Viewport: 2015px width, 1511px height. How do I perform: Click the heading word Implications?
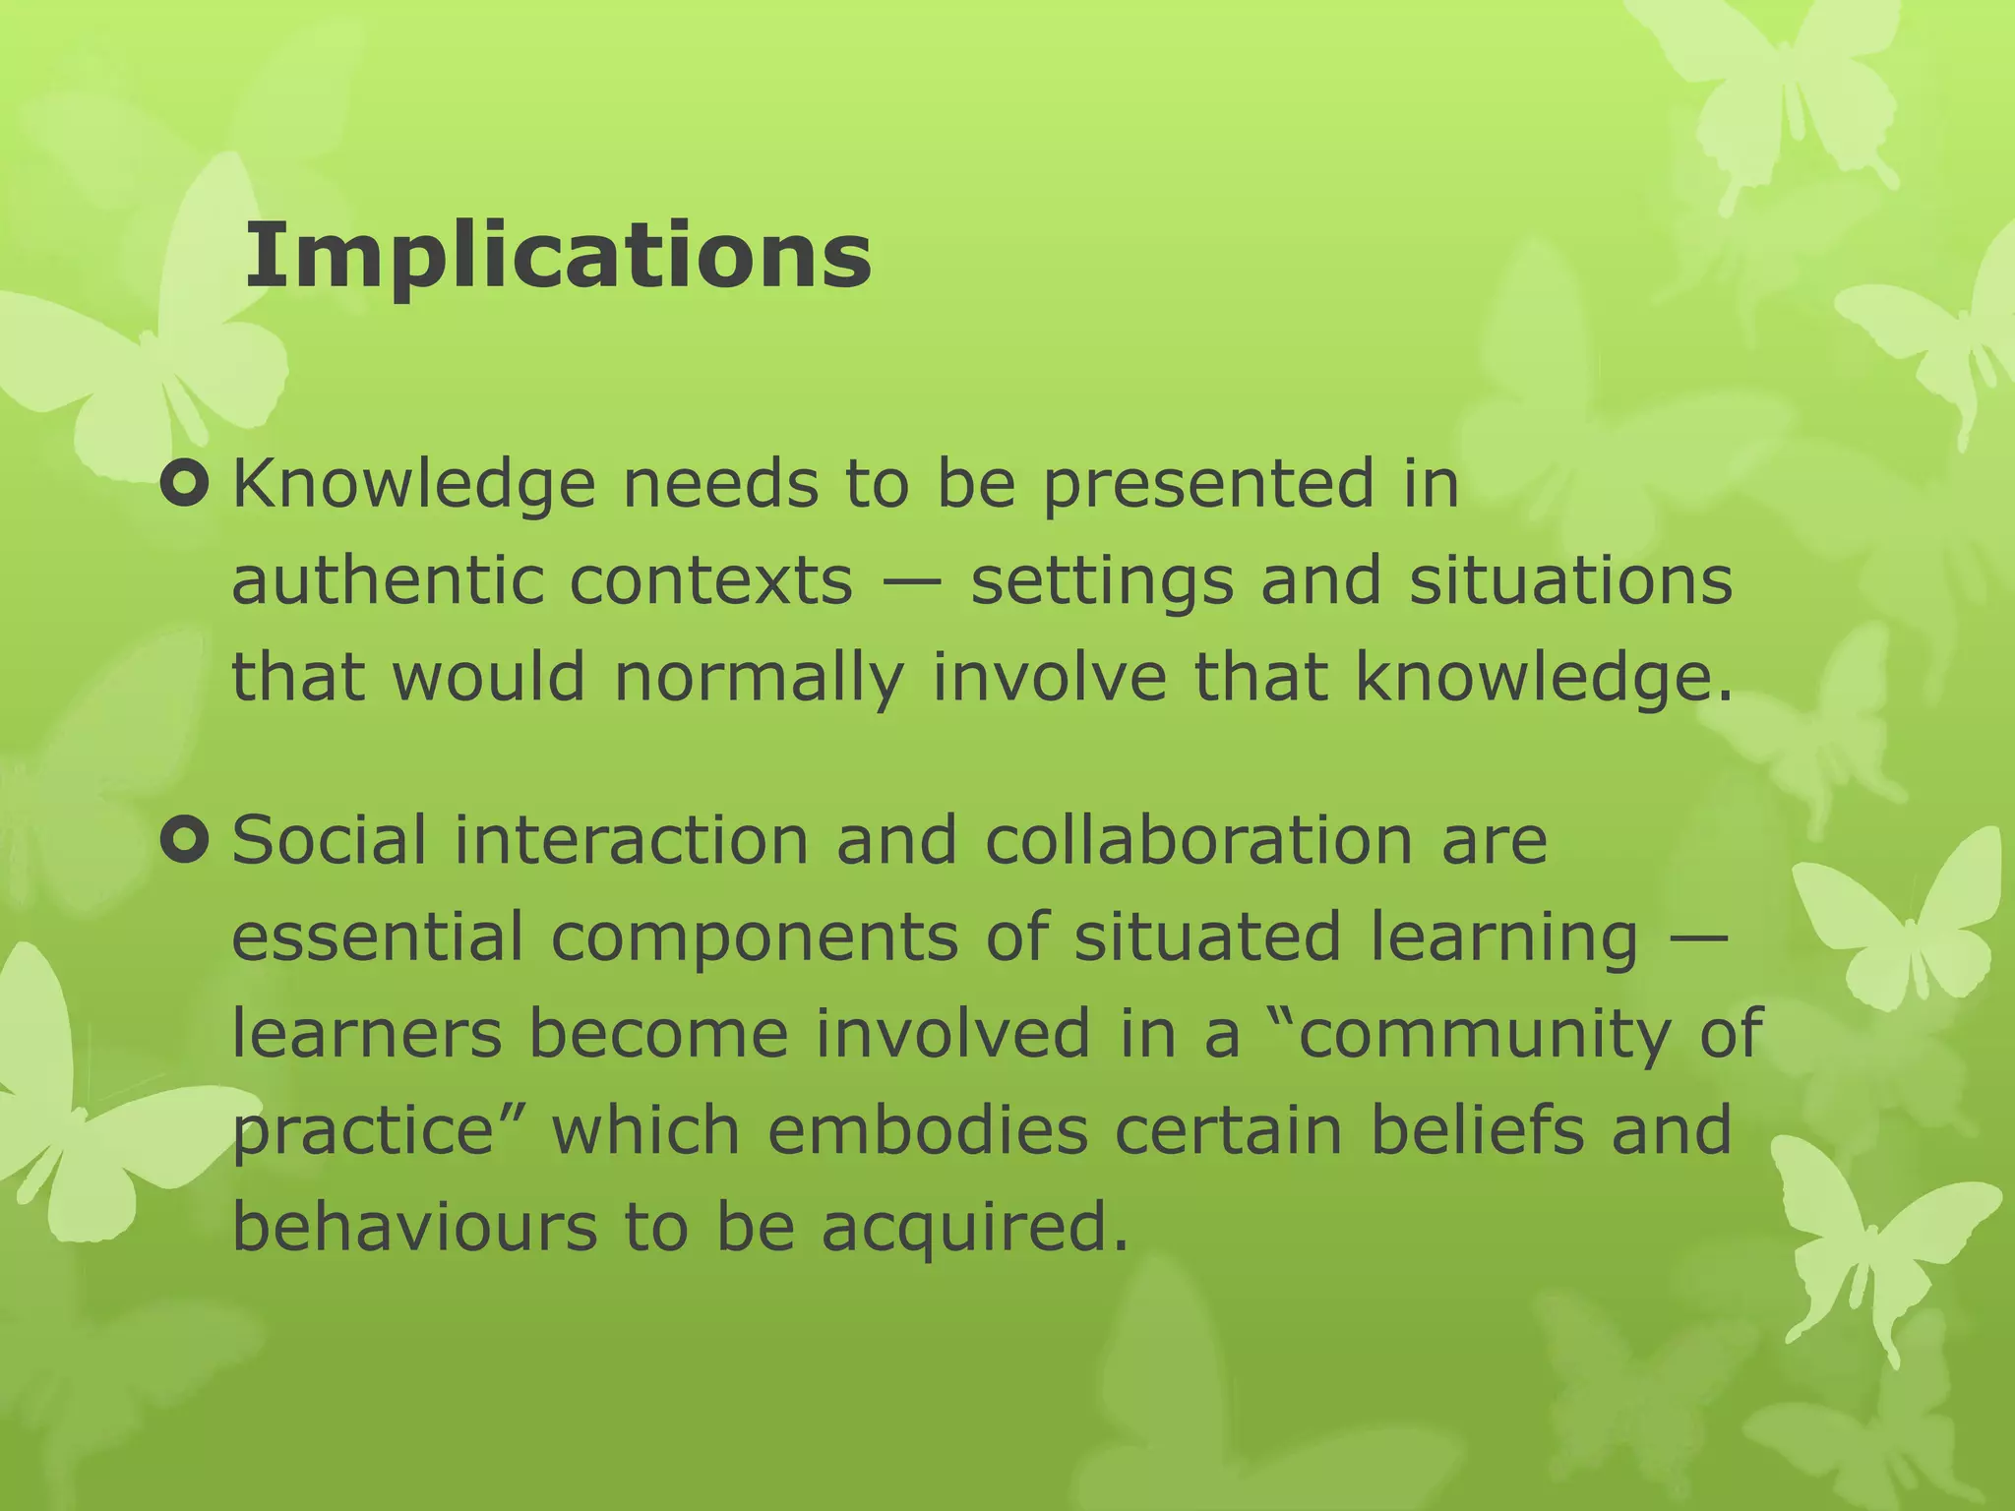pos(557,256)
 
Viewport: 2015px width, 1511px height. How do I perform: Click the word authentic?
pos(387,580)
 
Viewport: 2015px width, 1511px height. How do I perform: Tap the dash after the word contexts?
pos(911,582)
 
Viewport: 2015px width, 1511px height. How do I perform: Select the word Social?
pos(330,841)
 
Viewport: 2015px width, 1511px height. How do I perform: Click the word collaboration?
pos(1197,841)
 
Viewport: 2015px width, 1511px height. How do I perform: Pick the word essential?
pos(377,937)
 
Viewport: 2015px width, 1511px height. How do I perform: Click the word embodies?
pos(928,1130)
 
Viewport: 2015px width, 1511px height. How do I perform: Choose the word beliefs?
pos(1477,1130)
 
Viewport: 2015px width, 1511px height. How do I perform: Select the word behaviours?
pos(414,1227)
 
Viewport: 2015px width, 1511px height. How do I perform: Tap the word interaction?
pos(631,841)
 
